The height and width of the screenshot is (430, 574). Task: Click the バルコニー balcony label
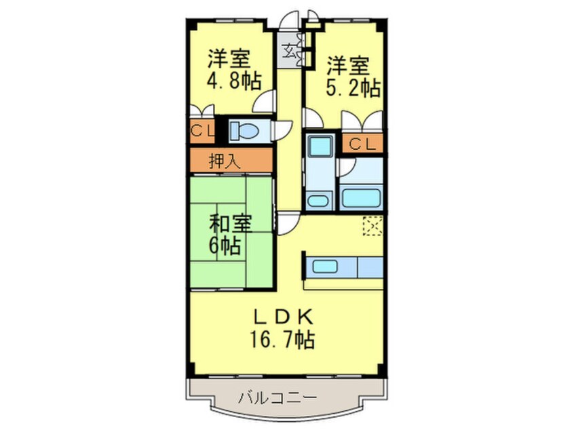tap(278, 397)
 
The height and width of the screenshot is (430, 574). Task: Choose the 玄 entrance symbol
tap(290, 50)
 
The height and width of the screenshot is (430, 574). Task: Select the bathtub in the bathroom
tap(361, 199)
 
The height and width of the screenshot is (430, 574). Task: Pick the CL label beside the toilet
tap(200, 131)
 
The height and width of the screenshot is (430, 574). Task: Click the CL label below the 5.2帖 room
tap(362, 143)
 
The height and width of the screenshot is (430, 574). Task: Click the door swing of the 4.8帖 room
tap(266, 101)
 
